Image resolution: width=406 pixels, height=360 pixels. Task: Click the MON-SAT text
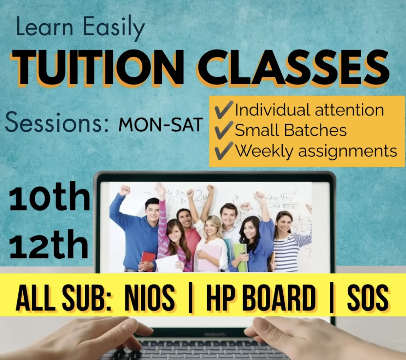[160, 125]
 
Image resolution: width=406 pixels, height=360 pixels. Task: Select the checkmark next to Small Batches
[224, 130]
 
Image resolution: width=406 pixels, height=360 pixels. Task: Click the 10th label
[49, 196]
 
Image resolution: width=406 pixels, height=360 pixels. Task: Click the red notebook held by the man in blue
[148, 261]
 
